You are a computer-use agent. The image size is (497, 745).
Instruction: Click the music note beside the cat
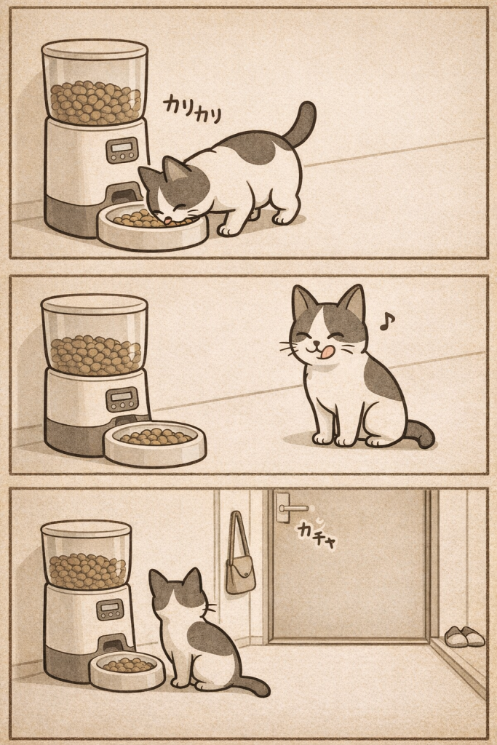click(387, 322)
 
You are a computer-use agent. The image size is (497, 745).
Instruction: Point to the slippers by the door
click(464, 636)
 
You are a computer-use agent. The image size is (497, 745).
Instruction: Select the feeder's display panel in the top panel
click(122, 151)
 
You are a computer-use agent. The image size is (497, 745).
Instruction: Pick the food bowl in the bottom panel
click(127, 670)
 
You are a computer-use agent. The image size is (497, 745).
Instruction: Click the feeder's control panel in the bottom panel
click(110, 610)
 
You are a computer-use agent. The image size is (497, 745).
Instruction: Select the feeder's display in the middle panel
click(122, 399)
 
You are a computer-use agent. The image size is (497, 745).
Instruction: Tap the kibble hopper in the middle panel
click(95, 335)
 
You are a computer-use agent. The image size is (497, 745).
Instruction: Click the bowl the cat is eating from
click(153, 227)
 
